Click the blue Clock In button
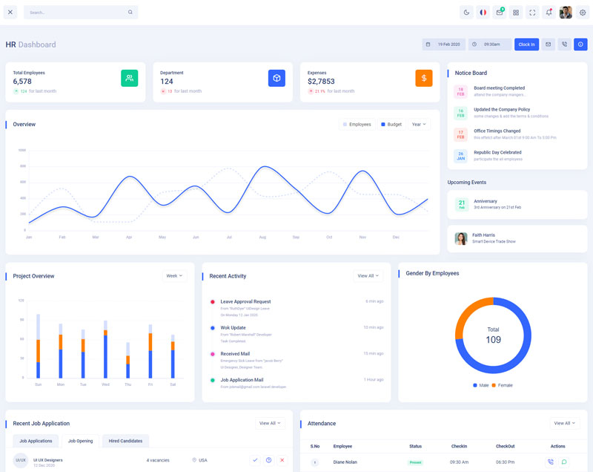[x=526, y=45]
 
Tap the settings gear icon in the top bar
[x=582, y=12]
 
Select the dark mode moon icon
[x=466, y=12]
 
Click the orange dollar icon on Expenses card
[x=424, y=78]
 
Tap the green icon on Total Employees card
[x=129, y=78]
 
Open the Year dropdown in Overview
[x=420, y=125]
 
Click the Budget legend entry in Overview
[x=391, y=125]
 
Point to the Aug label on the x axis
[x=262, y=237]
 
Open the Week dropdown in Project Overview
[x=174, y=276]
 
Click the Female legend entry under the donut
[x=503, y=385]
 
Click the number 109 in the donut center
[x=493, y=340]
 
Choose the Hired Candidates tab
[x=125, y=441]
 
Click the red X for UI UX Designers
[x=282, y=460]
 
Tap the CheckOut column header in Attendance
[x=505, y=446]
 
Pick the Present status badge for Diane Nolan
[x=415, y=462]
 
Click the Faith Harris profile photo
[x=461, y=239]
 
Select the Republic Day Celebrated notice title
[x=497, y=152]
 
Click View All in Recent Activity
[x=368, y=276]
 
